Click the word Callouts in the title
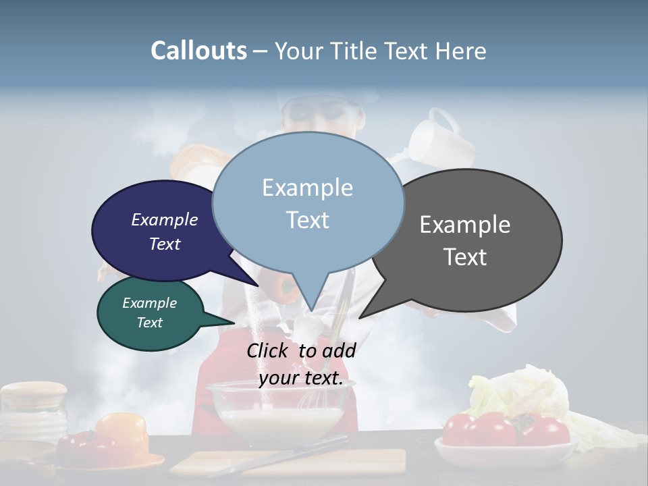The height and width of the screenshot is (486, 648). (x=198, y=51)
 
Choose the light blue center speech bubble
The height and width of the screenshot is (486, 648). (x=308, y=202)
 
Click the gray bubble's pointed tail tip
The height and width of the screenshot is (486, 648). (x=360, y=317)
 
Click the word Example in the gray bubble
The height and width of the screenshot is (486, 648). (x=465, y=225)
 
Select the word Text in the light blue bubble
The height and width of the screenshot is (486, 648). (x=308, y=220)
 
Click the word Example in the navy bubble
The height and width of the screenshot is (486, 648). (x=165, y=219)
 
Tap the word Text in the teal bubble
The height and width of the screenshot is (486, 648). (x=150, y=323)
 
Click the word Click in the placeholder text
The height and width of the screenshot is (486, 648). (x=269, y=350)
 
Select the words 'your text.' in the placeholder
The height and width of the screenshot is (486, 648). (x=301, y=379)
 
